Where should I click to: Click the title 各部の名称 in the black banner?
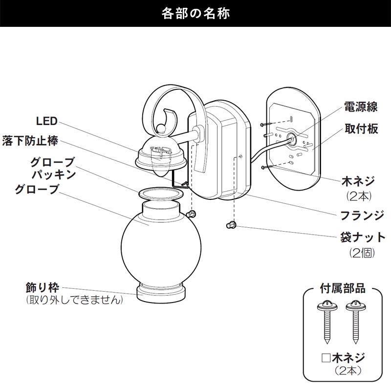click(x=195, y=14)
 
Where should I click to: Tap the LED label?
click(x=47, y=121)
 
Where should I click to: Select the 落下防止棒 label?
click(x=30, y=141)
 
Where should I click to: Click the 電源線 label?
click(x=361, y=107)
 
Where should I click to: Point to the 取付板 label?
click(x=361, y=129)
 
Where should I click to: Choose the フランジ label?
click(x=362, y=216)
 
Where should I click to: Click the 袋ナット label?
click(x=363, y=238)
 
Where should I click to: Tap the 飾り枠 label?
click(x=43, y=287)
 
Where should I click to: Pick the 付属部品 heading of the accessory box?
click(x=343, y=288)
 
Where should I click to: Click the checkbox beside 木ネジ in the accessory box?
click(x=326, y=358)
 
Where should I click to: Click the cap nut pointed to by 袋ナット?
click(x=231, y=225)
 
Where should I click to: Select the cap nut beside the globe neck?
click(x=192, y=214)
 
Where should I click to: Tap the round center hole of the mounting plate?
click(x=291, y=137)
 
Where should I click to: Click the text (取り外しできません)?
click(x=75, y=300)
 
